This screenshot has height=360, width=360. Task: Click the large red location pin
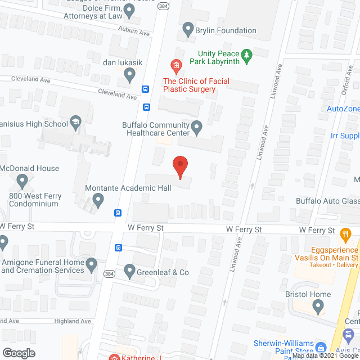click(x=179, y=166)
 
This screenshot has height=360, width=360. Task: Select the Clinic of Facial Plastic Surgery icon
click(x=176, y=67)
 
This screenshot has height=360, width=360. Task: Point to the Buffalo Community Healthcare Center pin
click(x=197, y=128)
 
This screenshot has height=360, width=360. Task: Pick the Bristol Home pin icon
click(x=318, y=308)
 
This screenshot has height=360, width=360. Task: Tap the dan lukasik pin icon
click(x=130, y=74)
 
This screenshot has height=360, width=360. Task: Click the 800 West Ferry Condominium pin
click(x=22, y=181)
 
